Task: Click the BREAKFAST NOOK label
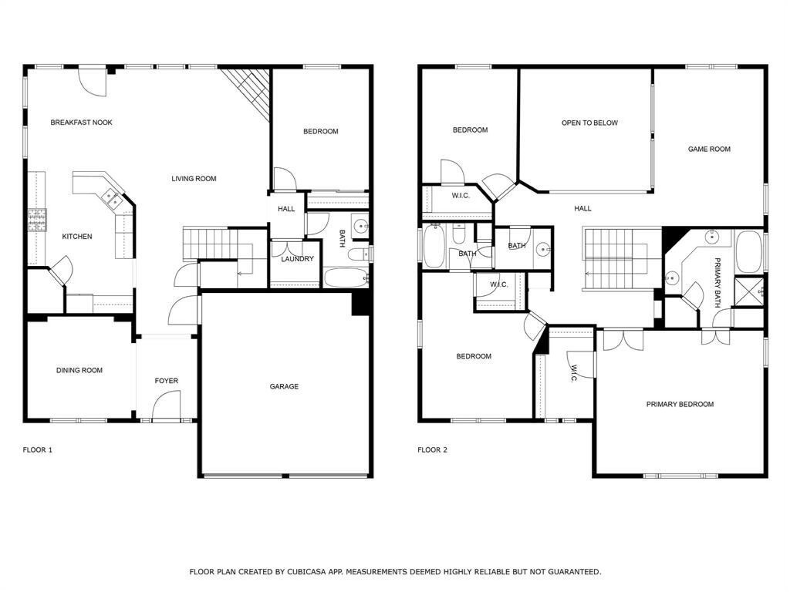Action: [81, 123]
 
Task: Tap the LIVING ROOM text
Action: [194, 179]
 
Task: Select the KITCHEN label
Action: [77, 237]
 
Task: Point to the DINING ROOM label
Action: [79, 371]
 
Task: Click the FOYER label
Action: [166, 381]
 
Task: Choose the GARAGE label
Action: [284, 387]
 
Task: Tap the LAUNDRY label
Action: [297, 259]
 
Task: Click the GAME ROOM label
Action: [709, 150]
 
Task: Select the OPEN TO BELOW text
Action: [589, 123]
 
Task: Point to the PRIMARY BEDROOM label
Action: [680, 405]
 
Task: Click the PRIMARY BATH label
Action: [717, 282]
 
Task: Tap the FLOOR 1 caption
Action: [37, 450]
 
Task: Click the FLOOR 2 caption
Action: [432, 450]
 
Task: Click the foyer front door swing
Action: [165, 405]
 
